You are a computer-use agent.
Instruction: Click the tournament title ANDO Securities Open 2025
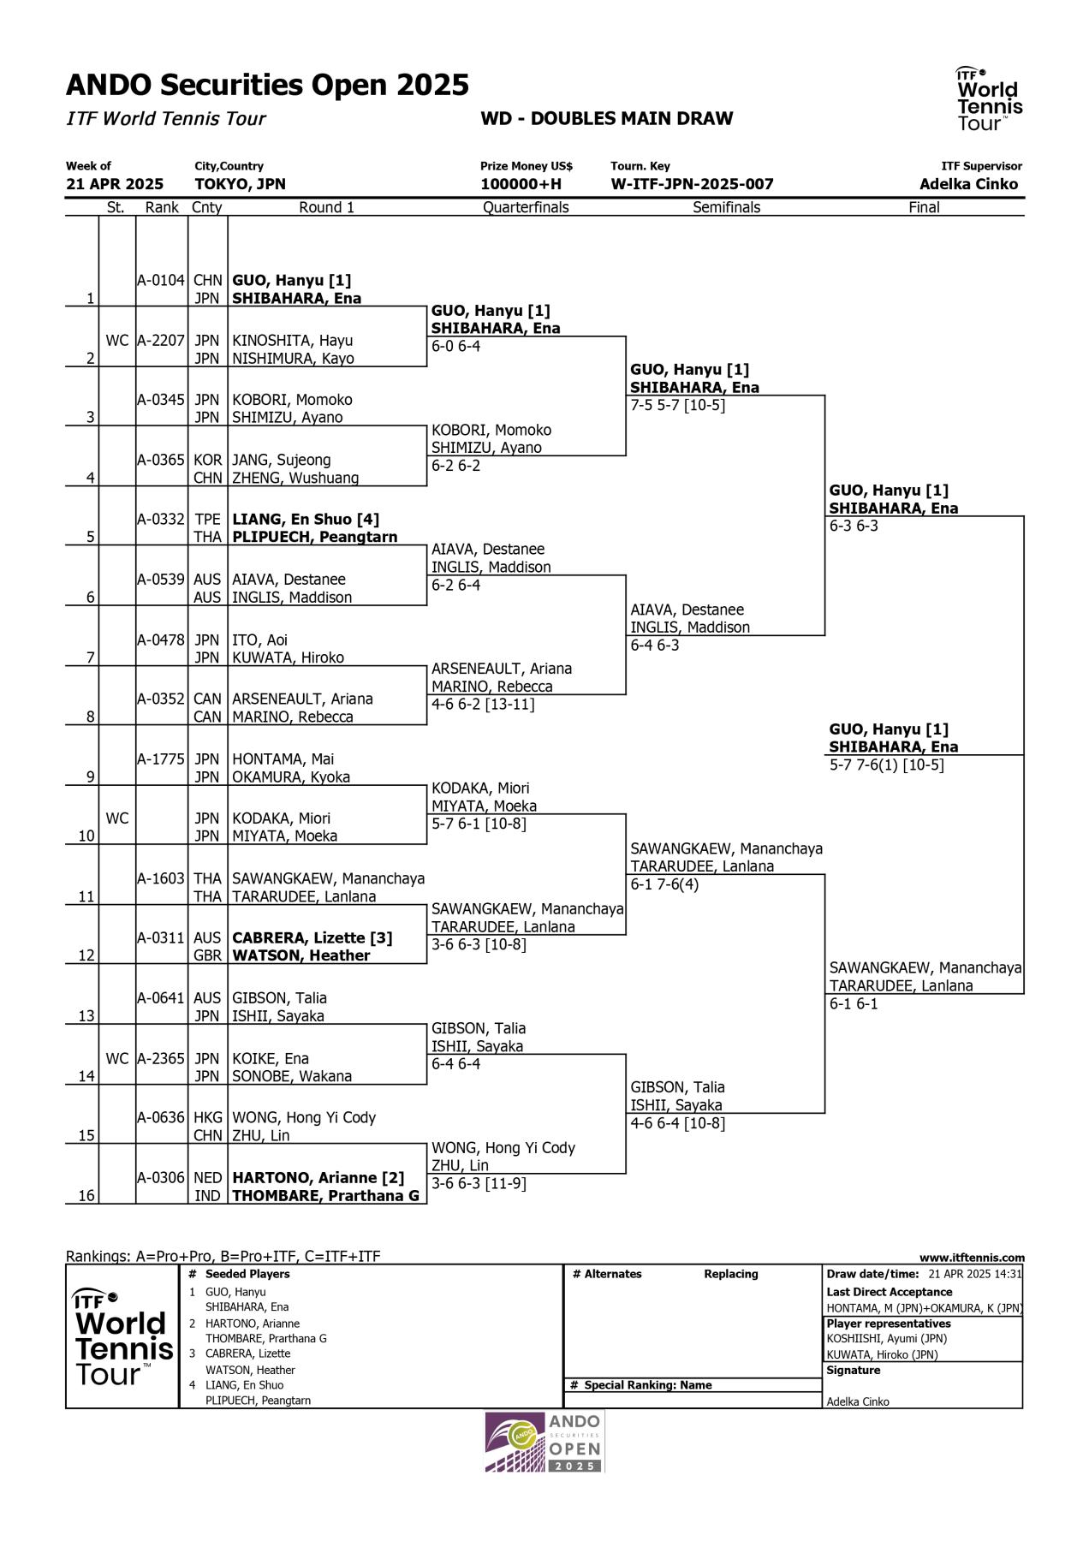tap(267, 85)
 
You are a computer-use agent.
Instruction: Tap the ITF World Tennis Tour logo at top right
tap(989, 98)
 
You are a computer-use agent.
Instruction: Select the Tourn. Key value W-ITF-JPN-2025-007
tap(692, 184)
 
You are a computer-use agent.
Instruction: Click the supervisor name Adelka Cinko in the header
tap(968, 184)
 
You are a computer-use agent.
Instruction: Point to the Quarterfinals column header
tap(526, 207)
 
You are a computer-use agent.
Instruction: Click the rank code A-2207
tap(161, 340)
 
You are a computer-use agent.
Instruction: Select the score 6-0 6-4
tap(456, 346)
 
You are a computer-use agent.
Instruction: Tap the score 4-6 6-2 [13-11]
tap(483, 705)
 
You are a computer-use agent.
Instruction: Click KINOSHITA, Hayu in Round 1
tap(293, 340)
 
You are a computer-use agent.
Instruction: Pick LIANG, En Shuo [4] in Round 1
tap(306, 519)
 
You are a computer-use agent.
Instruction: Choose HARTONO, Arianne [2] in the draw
tap(318, 1177)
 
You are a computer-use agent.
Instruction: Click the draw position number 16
tap(86, 1195)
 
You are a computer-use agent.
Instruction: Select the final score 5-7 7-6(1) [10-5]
tap(886, 765)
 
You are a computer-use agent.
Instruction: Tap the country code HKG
tap(207, 1117)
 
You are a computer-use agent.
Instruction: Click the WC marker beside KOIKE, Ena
tap(117, 1058)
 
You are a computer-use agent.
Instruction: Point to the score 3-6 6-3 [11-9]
tap(479, 1183)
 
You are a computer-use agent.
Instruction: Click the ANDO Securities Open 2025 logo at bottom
tap(544, 1442)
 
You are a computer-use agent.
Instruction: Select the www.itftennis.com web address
tap(972, 1258)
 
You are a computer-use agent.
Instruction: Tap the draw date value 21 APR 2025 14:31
tap(974, 1274)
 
